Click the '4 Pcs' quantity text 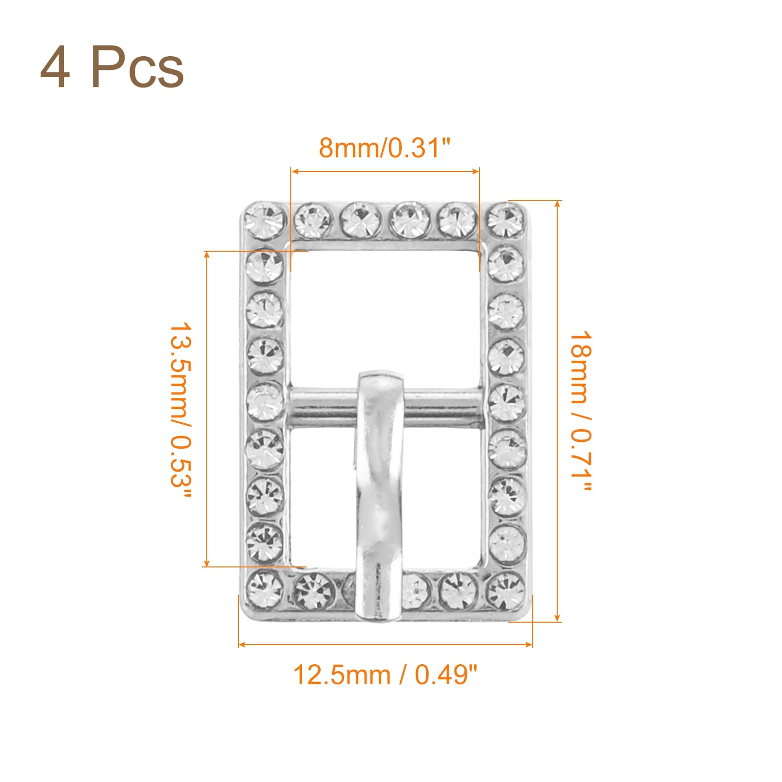(112, 68)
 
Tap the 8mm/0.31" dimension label (384, 147)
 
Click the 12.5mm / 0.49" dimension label (385, 675)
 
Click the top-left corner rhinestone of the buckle (264, 220)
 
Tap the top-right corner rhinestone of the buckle (506, 220)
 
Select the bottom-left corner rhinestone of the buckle (264, 589)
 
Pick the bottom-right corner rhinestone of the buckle (505, 590)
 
